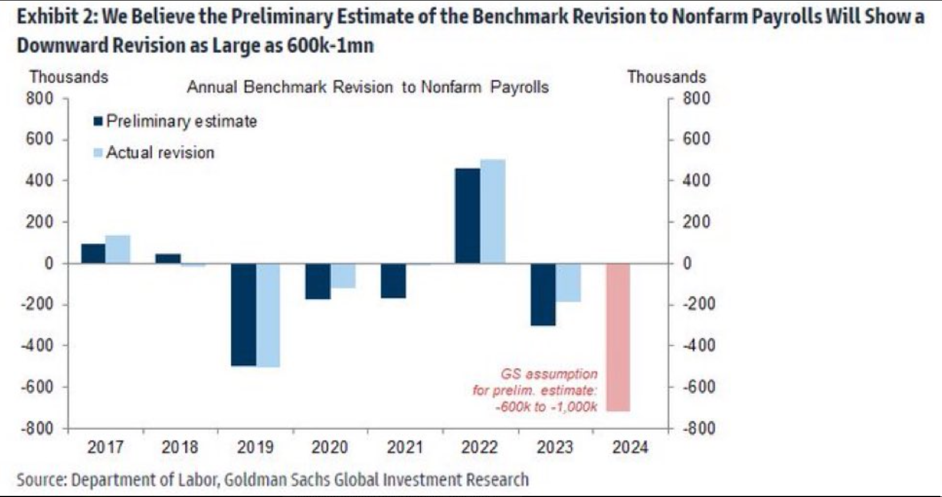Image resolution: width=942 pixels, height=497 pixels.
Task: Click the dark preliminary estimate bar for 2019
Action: (243, 314)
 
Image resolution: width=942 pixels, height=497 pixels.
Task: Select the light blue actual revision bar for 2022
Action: (492, 212)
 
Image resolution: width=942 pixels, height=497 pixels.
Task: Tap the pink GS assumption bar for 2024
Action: (618, 337)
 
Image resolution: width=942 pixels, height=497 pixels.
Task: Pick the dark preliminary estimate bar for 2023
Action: (543, 294)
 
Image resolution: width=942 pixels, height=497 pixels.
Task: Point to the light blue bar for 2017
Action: (118, 250)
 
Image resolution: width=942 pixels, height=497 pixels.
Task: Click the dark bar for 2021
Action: (393, 281)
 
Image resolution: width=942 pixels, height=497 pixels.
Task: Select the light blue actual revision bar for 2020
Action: (343, 276)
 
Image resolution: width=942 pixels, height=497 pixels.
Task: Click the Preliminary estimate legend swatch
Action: (98, 121)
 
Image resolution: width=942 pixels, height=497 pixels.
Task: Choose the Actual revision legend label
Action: (160, 152)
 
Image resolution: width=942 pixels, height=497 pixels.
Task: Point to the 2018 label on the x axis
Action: (180, 448)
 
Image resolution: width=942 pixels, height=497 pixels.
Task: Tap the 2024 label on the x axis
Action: (630, 448)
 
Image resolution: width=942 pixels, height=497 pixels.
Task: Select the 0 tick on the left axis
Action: (49, 263)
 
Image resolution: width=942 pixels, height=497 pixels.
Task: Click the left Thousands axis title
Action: (69, 77)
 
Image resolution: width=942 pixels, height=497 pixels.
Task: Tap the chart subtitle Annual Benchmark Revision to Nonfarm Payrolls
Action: (368, 87)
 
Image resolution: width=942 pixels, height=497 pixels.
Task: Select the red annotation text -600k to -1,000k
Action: (546, 407)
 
